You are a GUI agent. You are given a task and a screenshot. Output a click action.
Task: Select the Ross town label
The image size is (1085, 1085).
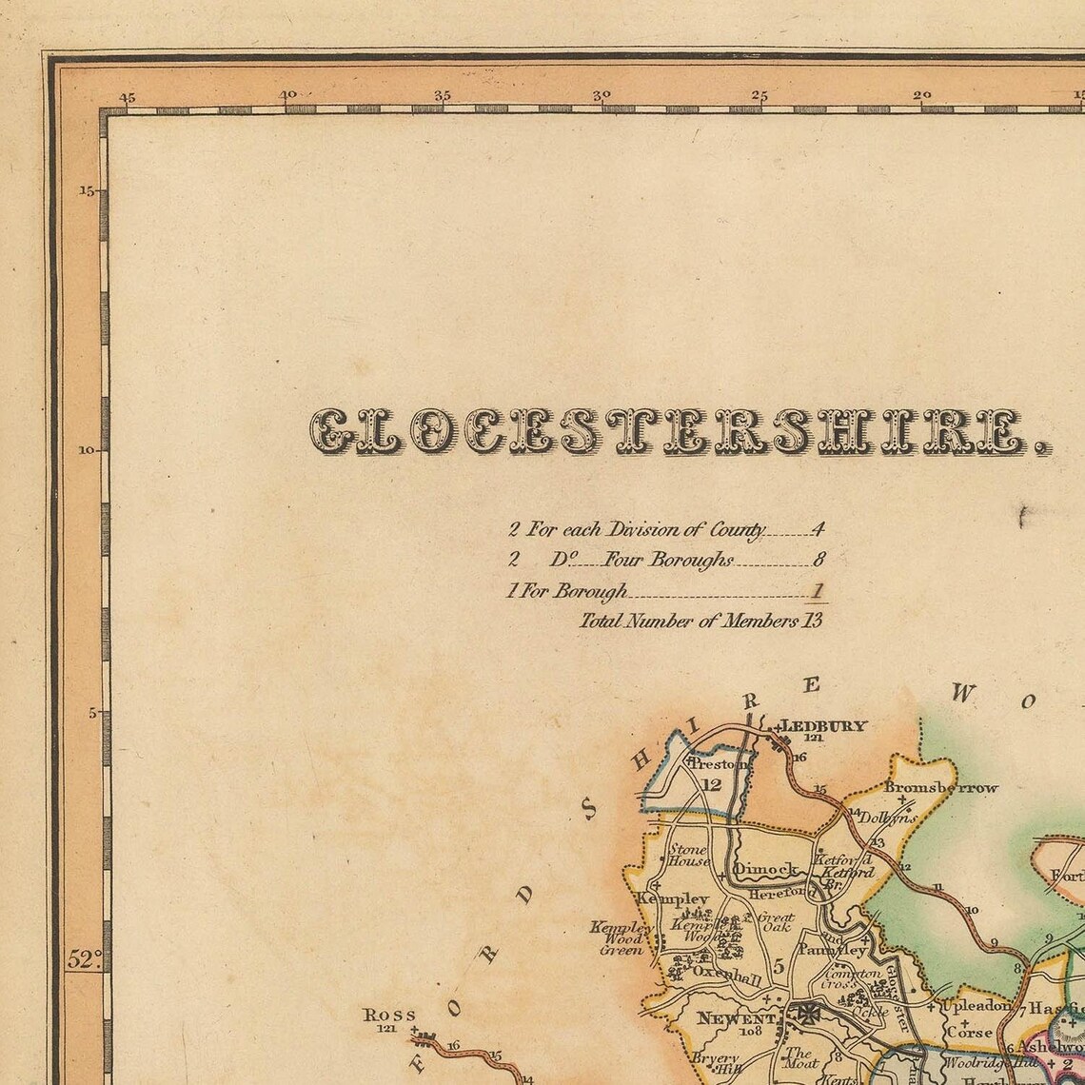(390, 1016)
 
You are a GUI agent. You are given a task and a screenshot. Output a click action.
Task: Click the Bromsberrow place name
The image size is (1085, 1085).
(941, 787)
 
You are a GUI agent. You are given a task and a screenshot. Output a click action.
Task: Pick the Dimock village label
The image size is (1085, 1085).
(765, 868)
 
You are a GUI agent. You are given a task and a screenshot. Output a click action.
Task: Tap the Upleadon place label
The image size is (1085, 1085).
(976, 1006)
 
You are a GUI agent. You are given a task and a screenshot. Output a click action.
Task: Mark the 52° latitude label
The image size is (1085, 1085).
(84, 960)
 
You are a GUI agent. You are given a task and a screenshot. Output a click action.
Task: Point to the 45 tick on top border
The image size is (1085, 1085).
(127, 96)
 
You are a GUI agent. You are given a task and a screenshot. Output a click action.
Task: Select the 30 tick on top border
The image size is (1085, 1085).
(601, 96)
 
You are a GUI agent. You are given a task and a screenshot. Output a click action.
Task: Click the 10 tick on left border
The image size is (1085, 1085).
(87, 449)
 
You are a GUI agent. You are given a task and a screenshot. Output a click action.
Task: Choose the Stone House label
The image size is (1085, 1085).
(688, 855)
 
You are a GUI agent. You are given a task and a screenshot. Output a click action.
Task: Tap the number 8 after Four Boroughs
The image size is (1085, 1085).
(817, 561)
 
